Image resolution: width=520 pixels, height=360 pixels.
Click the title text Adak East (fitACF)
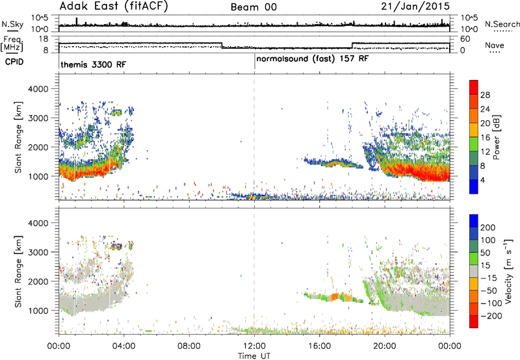click(113, 6)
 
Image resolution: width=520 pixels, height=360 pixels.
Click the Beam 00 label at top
click(253, 7)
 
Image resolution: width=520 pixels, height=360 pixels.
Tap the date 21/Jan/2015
click(415, 6)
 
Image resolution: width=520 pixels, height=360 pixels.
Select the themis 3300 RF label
click(93, 64)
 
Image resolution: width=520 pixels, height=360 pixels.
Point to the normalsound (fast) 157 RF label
click(312, 59)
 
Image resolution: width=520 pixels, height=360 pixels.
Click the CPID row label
click(14, 62)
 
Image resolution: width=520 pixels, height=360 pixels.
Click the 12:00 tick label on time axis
click(254, 346)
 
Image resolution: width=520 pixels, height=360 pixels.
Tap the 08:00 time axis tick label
click(189, 346)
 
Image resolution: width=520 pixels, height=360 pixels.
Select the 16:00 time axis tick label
click(319, 346)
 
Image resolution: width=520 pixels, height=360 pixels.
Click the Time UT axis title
click(254, 356)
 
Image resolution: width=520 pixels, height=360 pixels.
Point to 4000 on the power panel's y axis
click(38, 89)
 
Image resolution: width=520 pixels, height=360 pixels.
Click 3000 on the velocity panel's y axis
click(38, 252)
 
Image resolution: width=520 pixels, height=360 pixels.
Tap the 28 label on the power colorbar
click(485, 95)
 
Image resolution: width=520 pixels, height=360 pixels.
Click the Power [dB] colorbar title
click(496, 137)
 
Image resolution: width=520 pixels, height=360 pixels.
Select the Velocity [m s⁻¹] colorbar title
click(508, 271)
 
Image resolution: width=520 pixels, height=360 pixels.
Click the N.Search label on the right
click(502, 24)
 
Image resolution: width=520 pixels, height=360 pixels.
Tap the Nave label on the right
click(495, 45)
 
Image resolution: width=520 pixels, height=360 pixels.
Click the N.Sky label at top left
click(12, 24)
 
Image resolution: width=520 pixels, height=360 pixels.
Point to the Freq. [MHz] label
click(12, 44)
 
